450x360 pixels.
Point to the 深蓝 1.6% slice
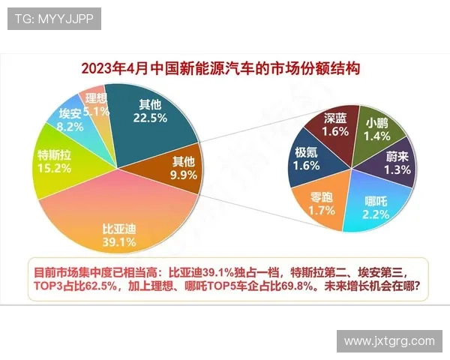[x=336, y=127]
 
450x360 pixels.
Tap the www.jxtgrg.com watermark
[x=389, y=340]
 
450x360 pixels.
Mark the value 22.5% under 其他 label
[x=150, y=117]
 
